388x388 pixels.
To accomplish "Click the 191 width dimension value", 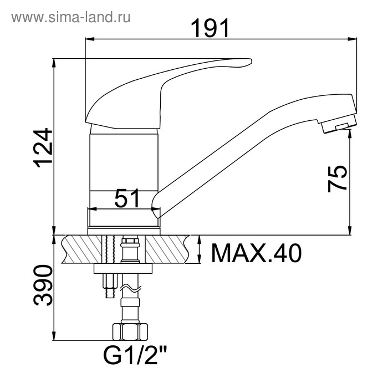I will point(210,28).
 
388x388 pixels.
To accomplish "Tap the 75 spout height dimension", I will point(338,178).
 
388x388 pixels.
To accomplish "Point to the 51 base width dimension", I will point(126,198).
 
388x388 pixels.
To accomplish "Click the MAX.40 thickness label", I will point(256,253).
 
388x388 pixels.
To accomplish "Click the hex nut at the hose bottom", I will point(130,332).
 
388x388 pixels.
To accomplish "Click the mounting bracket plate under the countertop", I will point(123,269).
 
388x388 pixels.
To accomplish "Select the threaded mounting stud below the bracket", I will point(109,285).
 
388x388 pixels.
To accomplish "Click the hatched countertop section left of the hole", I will point(83,248).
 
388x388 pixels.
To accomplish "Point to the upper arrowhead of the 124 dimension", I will point(54,62).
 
